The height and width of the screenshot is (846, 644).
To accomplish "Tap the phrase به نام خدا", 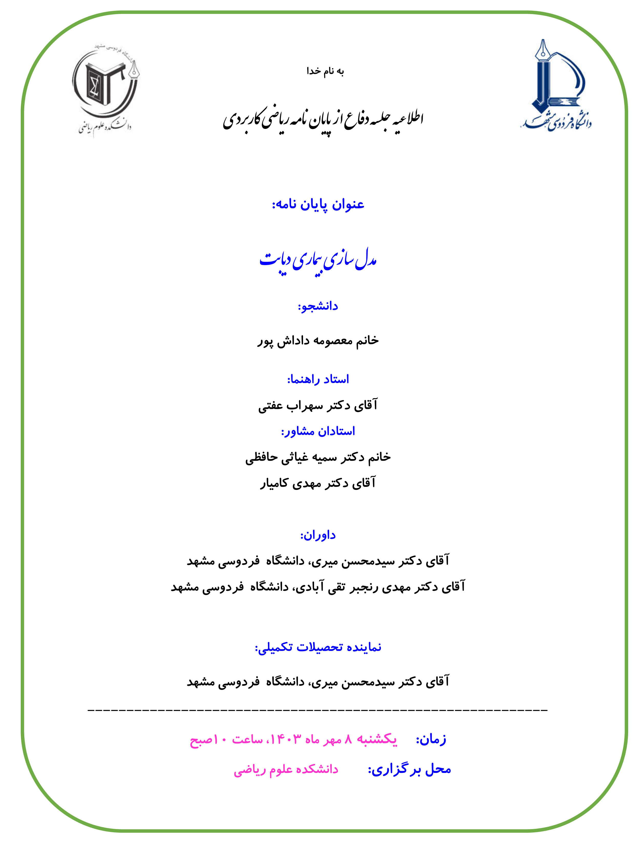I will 325,71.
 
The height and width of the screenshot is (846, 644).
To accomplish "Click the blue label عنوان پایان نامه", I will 318,205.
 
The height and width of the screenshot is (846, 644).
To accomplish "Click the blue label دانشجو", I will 318,306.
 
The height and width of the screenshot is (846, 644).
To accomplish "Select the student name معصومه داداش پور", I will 318,341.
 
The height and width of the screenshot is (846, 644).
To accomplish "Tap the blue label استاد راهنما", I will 318,379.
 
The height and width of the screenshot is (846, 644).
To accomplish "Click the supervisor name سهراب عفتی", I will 318,406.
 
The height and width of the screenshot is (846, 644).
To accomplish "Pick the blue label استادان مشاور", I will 318,431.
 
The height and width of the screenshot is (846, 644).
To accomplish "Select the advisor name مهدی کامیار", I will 318,483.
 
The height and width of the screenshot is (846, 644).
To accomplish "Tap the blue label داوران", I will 318,535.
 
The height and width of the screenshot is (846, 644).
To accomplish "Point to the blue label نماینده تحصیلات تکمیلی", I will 318,648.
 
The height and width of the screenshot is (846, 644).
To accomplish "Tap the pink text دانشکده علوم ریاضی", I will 286,770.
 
